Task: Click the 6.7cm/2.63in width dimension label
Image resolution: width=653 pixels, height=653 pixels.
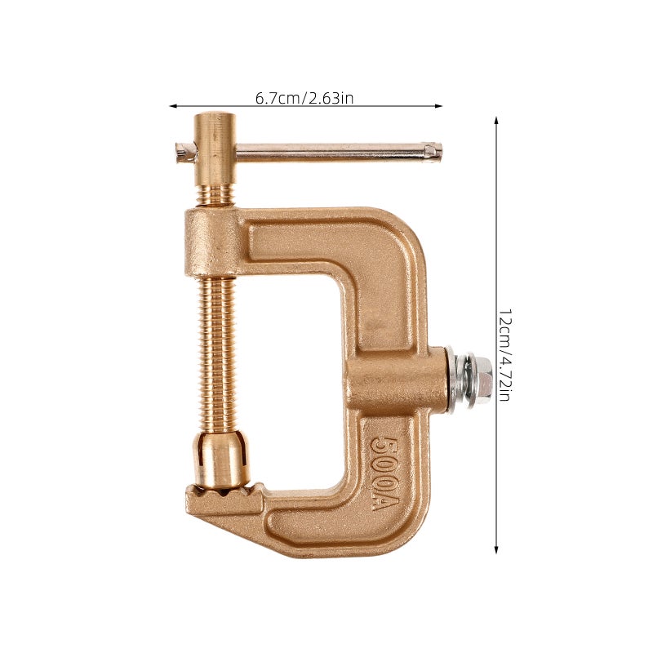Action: (x=304, y=98)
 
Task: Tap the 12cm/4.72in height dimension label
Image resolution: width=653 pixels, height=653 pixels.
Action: (x=504, y=355)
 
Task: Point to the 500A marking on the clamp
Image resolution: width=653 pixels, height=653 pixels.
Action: (x=384, y=473)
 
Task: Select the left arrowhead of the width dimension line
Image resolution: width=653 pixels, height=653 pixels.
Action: (x=173, y=106)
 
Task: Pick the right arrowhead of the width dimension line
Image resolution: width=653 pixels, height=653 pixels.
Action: (x=438, y=106)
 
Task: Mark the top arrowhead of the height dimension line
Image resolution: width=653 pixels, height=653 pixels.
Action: (x=496, y=121)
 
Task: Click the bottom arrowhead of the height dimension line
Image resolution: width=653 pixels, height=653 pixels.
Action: (x=496, y=549)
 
